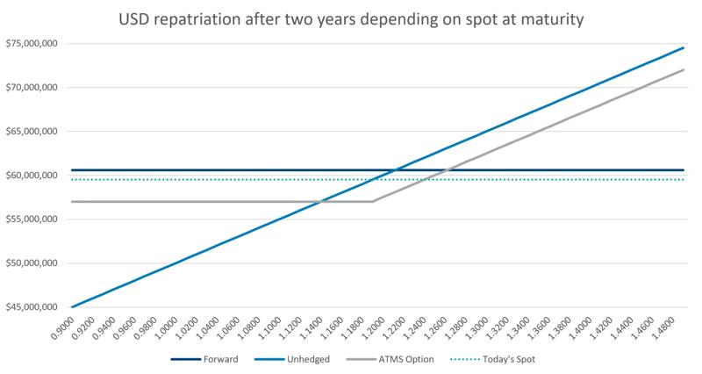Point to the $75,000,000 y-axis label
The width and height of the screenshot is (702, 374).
click(32, 43)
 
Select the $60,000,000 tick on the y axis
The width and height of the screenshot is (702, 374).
click(32, 176)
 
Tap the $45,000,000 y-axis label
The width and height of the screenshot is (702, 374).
click(32, 307)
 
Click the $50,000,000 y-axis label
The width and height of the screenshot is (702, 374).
click(32, 263)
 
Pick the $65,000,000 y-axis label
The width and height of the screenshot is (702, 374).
click(32, 132)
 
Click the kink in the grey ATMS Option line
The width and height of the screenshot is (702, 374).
click(374, 201)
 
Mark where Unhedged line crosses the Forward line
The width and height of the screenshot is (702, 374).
click(397, 169)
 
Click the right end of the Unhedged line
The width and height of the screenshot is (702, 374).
click(684, 47)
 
